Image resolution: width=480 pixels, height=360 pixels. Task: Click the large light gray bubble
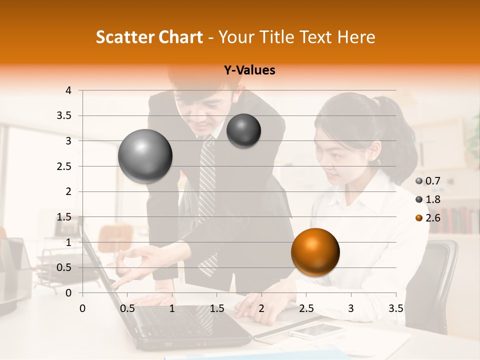coord(145,156)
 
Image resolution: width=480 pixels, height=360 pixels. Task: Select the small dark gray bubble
coord(243,131)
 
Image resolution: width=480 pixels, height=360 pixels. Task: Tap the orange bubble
coord(315,252)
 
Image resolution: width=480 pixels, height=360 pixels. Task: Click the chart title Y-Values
coord(249,70)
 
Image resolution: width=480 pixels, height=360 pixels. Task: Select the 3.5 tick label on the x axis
coord(395,308)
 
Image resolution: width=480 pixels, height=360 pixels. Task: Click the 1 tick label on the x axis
coord(172,308)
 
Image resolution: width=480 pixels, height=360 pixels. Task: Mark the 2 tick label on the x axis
coord(261,308)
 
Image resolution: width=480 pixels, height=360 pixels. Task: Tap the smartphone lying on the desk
coord(316,330)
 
